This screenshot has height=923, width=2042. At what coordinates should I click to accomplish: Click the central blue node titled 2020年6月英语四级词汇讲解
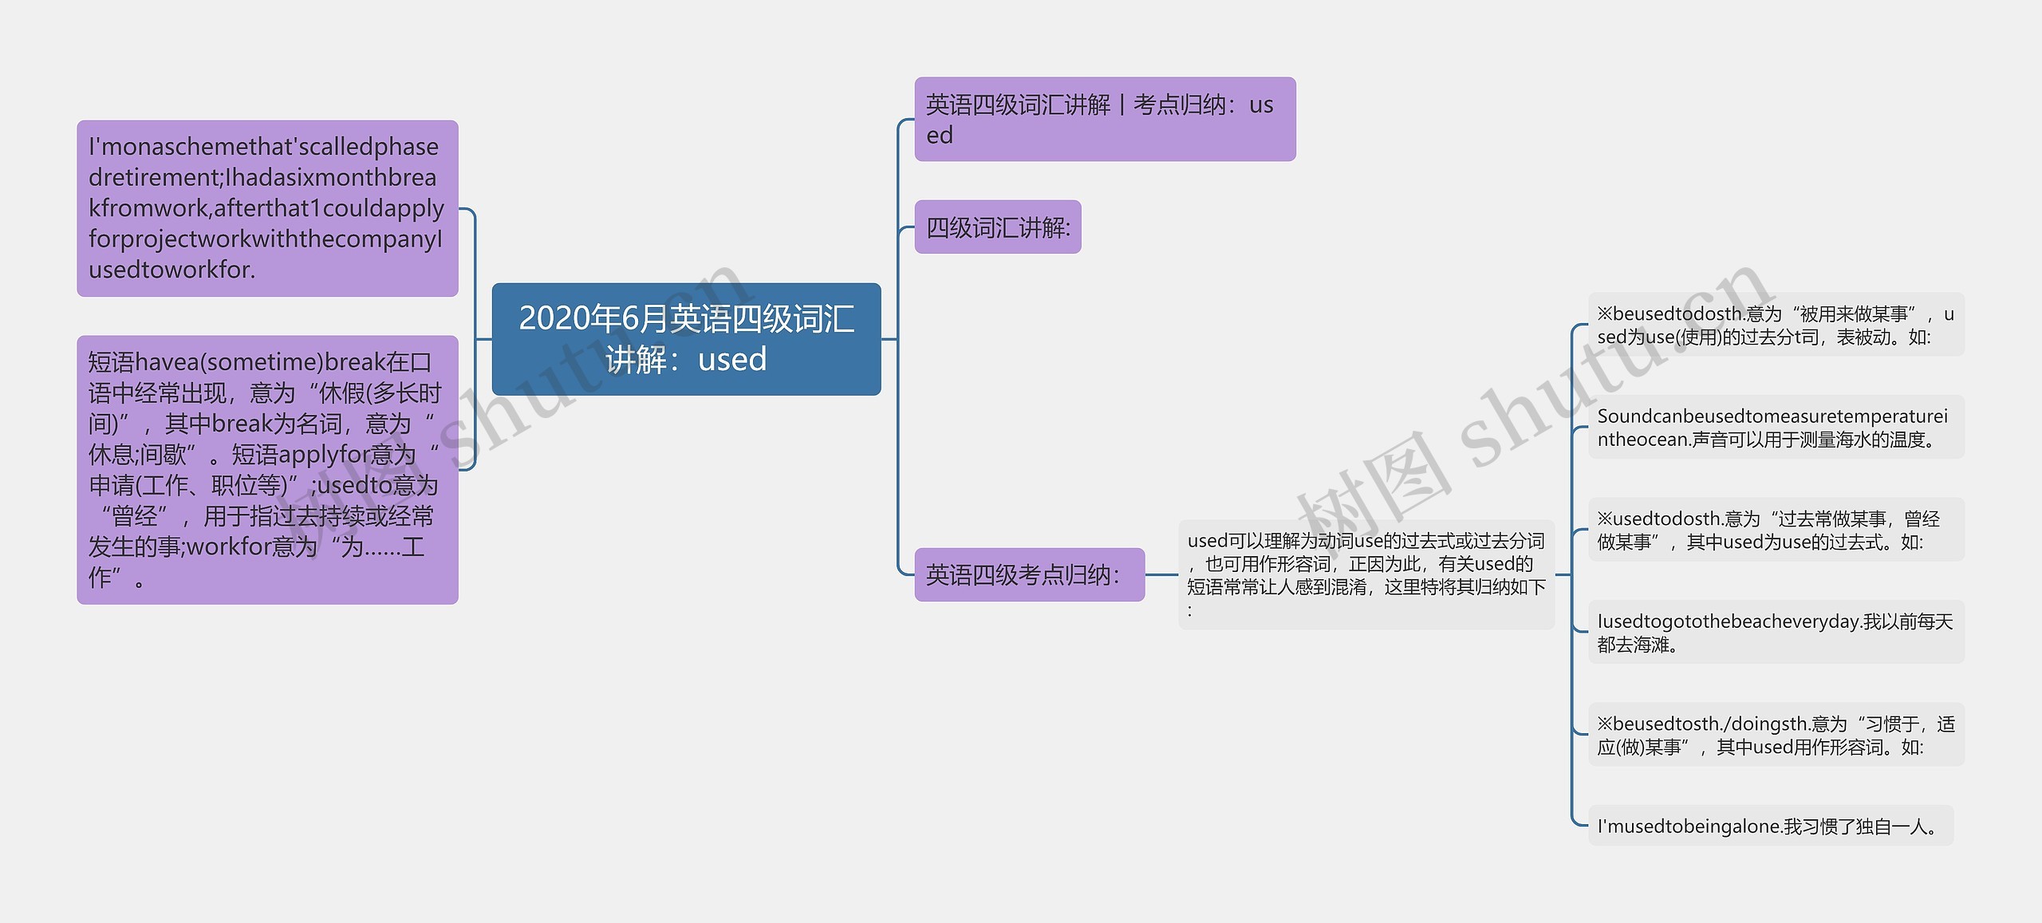(x=686, y=339)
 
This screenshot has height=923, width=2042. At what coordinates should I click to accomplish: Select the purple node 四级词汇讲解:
(x=997, y=227)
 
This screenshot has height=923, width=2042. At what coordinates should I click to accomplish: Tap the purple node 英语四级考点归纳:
(x=1029, y=574)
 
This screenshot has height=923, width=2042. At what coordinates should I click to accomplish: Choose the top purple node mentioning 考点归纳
(x=1105, y=120)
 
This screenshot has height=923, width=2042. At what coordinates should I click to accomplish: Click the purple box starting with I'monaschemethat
(x=267, y=208)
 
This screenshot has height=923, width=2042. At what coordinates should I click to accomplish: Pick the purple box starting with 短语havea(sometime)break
(x=267, y=470)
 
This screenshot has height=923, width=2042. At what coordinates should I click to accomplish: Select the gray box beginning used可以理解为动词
(x=1366, y=574)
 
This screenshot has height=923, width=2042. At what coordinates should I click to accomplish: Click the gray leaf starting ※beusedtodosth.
(x=1776, y=325)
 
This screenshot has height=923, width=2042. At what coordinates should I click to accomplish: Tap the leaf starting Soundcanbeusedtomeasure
(x=1776, y=428)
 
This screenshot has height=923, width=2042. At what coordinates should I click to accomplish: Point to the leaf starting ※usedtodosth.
(x=1776, y=530)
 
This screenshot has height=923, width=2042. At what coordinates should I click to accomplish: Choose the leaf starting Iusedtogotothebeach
(x=1776, y=633)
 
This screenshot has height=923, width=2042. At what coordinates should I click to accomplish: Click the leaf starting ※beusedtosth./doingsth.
(x=1776, y=735)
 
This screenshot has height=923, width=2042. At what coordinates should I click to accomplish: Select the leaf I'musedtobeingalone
(x=1771, y=826)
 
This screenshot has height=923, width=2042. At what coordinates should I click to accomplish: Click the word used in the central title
(x=732, y=360)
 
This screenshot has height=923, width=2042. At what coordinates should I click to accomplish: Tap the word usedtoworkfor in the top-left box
(x=172, y=270)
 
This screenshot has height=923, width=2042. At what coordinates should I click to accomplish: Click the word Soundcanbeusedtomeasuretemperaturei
(x=1772, y=416)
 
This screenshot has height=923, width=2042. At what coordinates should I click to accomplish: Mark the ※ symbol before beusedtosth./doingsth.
(x=1604, y=724)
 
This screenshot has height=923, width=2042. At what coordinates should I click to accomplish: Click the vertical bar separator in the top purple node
(x=1122, y=105)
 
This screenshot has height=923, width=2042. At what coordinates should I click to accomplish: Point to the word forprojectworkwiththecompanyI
(x=266, y=239)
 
